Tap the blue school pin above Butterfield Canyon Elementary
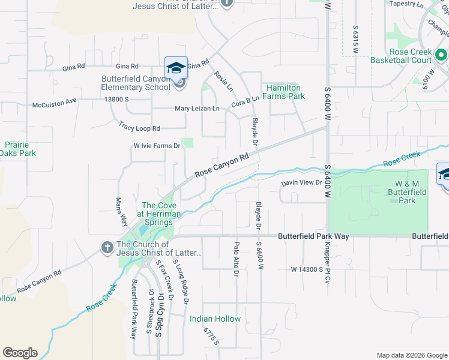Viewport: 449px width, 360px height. (176, 67)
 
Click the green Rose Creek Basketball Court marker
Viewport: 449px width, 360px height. (441, 56)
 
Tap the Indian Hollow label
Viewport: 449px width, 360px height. (215, 319)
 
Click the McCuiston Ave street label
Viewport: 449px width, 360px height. (55, 103)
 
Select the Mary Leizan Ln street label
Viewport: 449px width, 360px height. (197, 109)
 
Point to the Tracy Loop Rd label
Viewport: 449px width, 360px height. (139, 127)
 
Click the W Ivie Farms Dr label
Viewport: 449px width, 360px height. (157, 146)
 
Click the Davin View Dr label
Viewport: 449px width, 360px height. (302, 184)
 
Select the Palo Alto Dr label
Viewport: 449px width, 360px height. (236, 259)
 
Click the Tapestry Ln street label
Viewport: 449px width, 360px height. (406, 4)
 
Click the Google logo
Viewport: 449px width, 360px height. (20, 353)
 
